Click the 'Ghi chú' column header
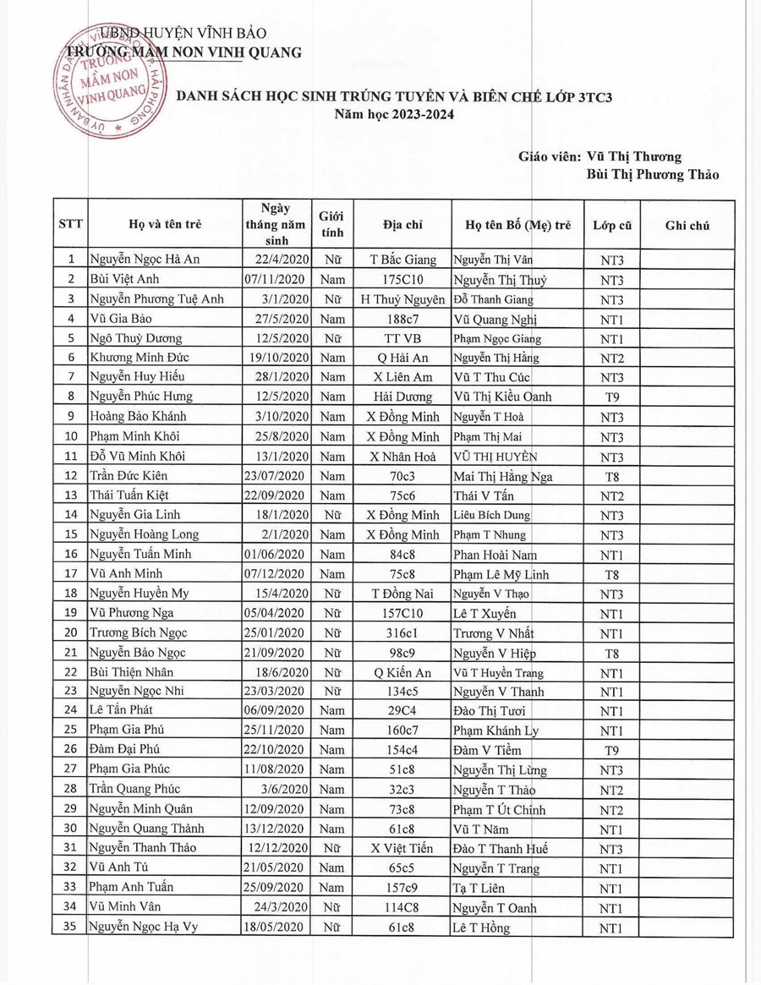[687, 226]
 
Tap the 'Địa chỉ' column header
[402, 226]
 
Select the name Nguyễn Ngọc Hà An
[145, 260]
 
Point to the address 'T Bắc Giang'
[403, 260]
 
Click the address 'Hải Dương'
[402, 397]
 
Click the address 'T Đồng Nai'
[402, 594]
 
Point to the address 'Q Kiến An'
[402, 673]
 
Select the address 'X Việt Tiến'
[402, 849]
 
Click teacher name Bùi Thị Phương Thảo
[652, 175]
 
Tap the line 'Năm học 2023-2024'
[393, 114]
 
